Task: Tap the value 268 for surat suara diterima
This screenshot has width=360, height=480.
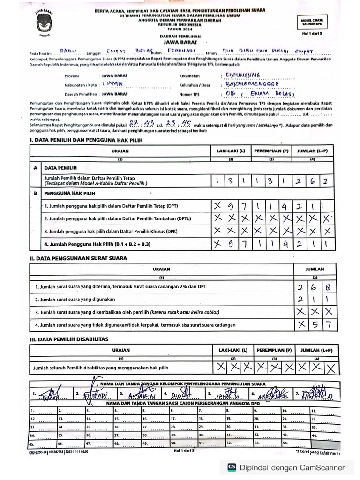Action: (x=315, y=287)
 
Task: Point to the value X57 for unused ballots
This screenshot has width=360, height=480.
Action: (x=315, y=324)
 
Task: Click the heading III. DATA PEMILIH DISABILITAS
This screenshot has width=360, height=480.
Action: (x=69, y=338)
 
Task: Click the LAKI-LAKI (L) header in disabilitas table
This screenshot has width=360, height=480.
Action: (x=231, y=350)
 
